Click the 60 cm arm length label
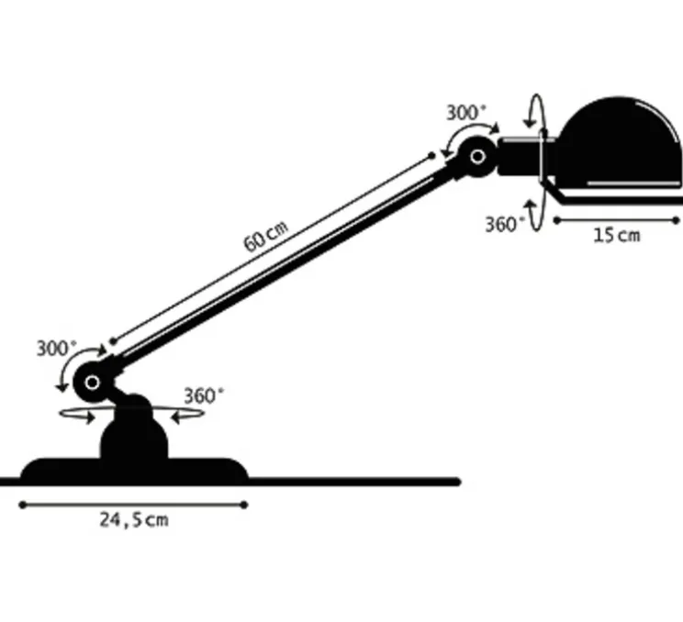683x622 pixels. [x=265, y=237]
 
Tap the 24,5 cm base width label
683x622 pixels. [x=134, y=520]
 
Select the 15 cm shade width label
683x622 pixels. [x=616, y=235]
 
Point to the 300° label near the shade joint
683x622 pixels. [x=466, y=113]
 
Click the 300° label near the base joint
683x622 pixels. [x=57, y=349]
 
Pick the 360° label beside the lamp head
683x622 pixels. [x=506, y=224]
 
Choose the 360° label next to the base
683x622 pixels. [x=203, y=395]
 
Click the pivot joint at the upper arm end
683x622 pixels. [x=477, y=157]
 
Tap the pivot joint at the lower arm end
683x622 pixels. [x=91, y=381]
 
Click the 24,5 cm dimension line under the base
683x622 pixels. [x=134, y=504]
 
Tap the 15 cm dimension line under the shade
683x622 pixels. [x=616, y=219]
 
